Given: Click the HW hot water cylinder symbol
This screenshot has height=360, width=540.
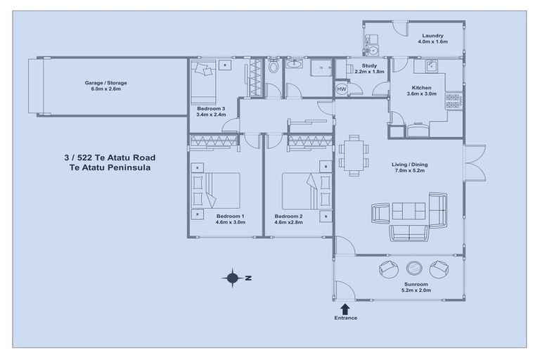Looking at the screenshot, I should tap(342, 89).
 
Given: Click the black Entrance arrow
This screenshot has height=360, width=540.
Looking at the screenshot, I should tap(345, 308).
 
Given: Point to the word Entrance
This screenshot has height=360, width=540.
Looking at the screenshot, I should tap(345, 318).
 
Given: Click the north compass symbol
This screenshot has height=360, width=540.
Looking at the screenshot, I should tap(233, 278).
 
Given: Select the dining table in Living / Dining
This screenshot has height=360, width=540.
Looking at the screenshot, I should tap(353, 155).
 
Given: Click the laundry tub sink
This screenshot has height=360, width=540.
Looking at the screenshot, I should tap(372, 50).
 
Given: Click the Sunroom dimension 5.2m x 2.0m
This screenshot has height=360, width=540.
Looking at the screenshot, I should tap(416, 290).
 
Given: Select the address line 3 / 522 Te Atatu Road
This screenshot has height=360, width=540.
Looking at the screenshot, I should tap(109, 158).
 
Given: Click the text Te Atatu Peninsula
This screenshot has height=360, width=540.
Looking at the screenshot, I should tap(109, 169).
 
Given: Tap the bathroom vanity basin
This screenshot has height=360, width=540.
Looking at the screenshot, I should tap(296, 65).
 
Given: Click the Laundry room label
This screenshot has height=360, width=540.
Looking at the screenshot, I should tap(432, 36).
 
